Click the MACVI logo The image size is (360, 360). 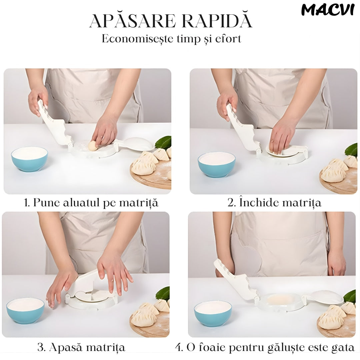pos(327,10)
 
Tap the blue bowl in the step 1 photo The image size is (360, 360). pos(30,159)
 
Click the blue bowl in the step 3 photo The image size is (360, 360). pos(25,311)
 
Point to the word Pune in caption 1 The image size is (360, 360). pos(47,203)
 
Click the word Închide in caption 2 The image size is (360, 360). pos(258,202)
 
